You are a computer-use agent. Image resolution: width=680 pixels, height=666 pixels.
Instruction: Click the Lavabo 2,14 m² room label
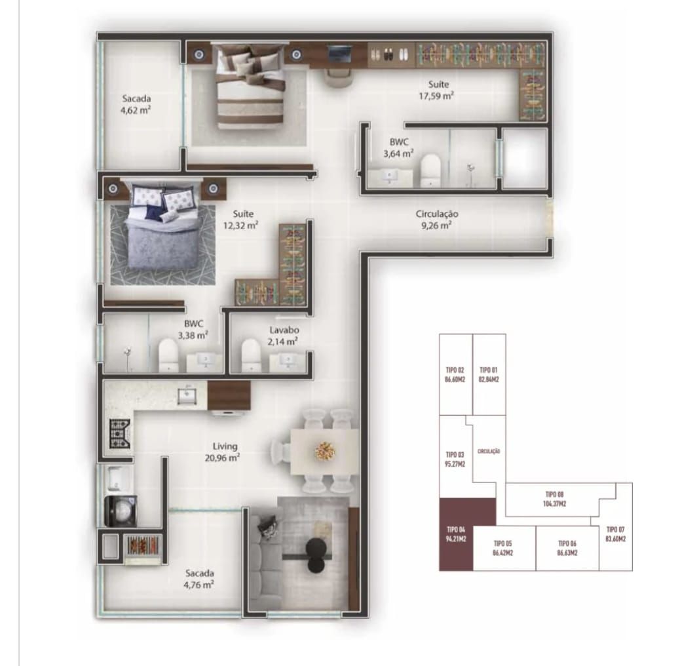pos(283,336)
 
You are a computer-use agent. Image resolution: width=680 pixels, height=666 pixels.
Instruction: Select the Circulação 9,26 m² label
pos(437,219)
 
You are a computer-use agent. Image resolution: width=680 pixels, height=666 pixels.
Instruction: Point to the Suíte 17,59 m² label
pos(437,90)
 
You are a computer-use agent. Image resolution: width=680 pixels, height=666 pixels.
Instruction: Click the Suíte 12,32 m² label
pos(241,219)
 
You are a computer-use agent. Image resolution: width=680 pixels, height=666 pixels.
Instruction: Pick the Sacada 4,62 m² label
pos(136,104)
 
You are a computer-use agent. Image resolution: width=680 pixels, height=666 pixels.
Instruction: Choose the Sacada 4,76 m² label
pos(199,579)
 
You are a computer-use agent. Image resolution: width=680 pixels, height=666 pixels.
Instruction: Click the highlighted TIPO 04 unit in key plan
pos(456,534)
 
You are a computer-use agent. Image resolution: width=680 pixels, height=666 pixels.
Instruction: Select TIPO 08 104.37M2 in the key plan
pos(554,499)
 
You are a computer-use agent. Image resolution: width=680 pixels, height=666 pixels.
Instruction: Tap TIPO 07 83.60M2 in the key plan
pos(615,534)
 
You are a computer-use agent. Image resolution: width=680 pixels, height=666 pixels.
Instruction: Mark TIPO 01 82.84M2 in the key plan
pos(489,374)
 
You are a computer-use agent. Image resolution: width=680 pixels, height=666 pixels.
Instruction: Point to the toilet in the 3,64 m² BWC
pos(430,171)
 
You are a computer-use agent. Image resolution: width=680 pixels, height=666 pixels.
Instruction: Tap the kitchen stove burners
pos(120,434)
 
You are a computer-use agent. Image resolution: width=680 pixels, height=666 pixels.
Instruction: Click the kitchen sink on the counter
pos(187,396)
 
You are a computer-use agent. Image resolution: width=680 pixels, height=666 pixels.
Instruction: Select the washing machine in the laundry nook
pos(121,511)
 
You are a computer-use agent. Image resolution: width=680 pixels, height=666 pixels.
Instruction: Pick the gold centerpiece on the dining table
pos(325,451)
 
